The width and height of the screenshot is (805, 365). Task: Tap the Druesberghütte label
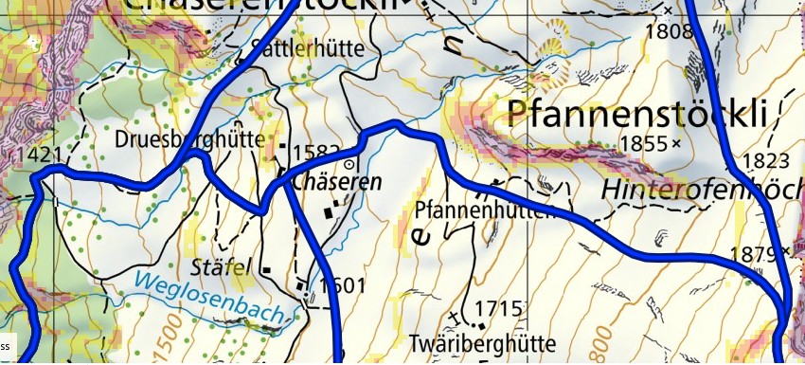(189, 138)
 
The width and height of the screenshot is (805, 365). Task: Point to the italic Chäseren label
(337, 181)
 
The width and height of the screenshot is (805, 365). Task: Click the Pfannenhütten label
(483, 210)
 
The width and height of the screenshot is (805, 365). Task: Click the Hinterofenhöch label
(702, 189)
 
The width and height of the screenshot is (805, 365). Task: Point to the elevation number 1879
(753, 253)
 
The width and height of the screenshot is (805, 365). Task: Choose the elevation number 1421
(32, 154)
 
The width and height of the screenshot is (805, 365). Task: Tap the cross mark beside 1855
(675, 144)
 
